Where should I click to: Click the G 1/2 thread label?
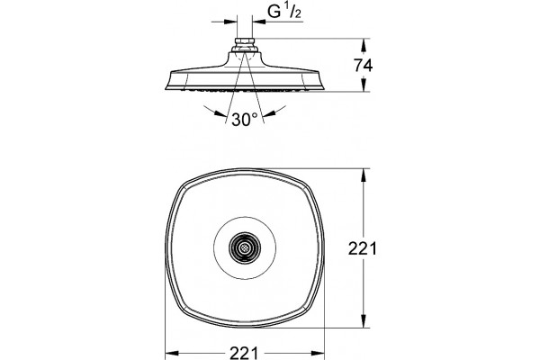tap(284, 12)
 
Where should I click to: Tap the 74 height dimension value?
tap(364, 66)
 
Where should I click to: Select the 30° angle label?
tap(245, 120)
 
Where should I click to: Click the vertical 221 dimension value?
tap(363, 248)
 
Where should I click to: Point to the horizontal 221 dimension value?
tap(244, 353)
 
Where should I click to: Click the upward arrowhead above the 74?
tap(363, 46)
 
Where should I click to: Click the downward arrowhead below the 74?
tap(363, 85)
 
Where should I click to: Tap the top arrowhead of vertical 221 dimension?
tap(363, 175)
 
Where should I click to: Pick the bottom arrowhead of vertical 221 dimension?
tap(363, 320)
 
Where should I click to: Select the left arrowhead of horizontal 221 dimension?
tap(172, 353)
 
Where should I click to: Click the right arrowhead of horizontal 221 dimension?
tap(318, 353)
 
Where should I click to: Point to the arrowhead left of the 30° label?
tap(220, 113)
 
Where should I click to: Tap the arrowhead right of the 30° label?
tap(270, 113)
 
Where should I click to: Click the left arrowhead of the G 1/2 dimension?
tap(230, 22)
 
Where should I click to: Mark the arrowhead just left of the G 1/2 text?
tap(259, 22)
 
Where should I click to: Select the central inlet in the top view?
tap(245, 247)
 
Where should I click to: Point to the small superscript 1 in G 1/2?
tap(286, 8)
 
